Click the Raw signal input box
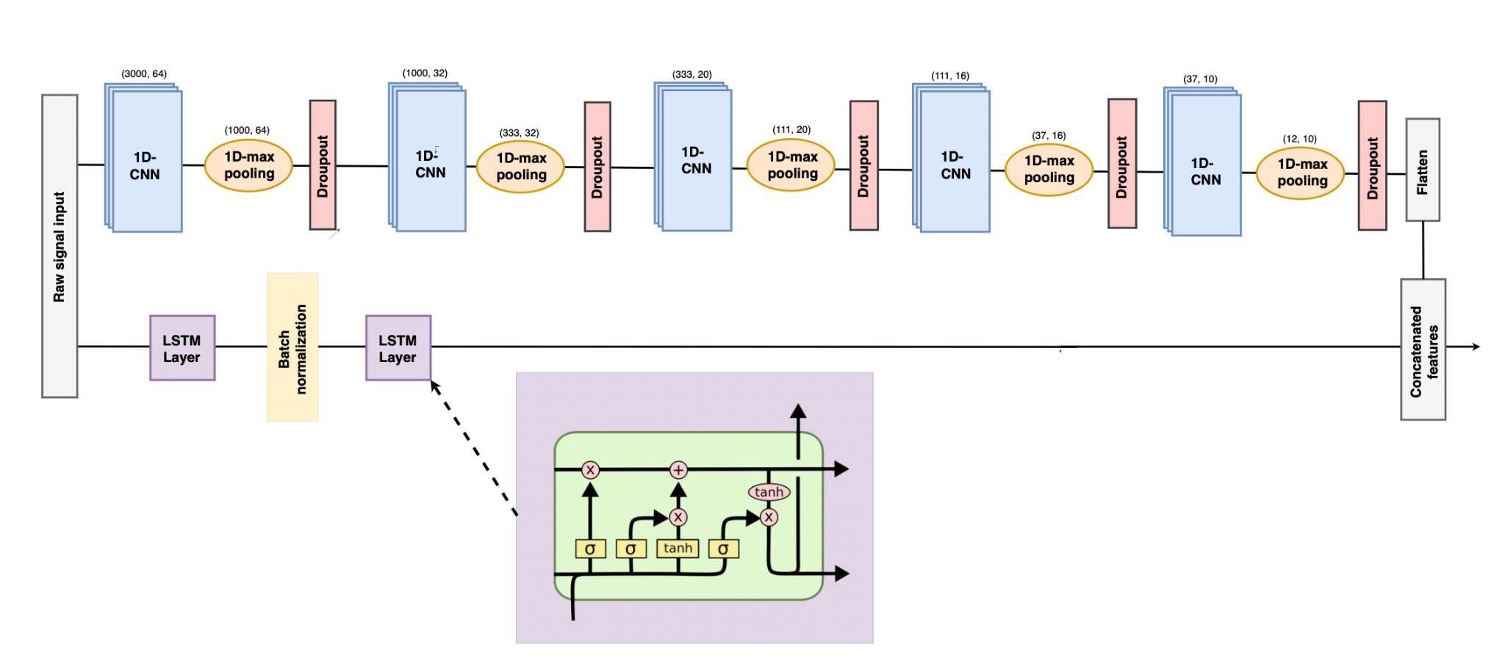[60, 246]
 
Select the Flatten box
[1423, 170]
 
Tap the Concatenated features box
[1423, 350]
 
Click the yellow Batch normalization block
[292, 347]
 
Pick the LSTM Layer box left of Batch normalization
[182, 348]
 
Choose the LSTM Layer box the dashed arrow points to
[398, 348]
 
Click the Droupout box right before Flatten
[1372, 166]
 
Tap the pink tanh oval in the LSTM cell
[769, 492]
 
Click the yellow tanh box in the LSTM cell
[678, 548]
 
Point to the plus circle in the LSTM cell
[678, 469]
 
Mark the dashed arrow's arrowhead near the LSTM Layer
[435, 386]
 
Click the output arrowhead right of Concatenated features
[1475, 347]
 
